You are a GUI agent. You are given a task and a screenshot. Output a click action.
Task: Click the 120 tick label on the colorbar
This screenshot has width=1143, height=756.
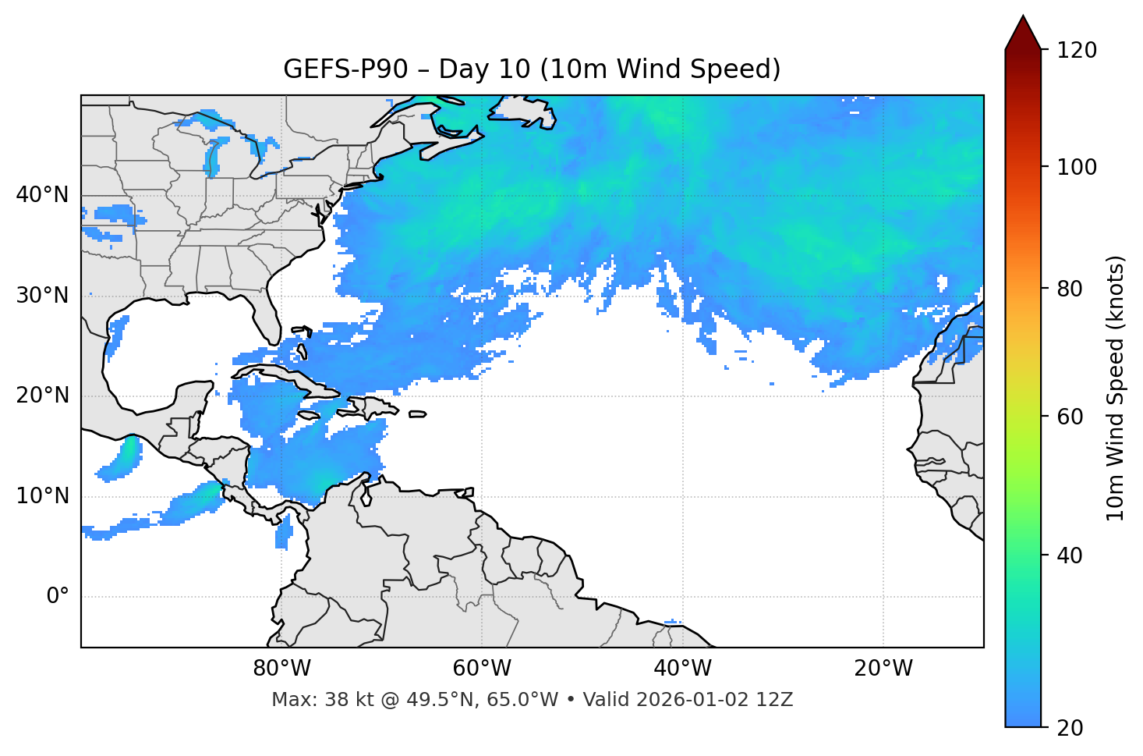(1076, 51)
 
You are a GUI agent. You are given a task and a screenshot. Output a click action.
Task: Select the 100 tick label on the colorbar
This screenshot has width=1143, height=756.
(1076, 167)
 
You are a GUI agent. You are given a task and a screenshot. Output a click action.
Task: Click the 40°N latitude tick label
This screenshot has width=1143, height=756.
(42, 195)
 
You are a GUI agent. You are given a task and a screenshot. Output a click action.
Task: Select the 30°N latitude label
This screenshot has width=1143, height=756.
(42, 296)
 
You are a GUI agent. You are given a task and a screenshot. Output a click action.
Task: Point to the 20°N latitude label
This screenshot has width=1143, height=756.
(42, 396)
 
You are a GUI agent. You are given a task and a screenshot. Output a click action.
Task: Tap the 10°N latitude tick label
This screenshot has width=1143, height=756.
(42, 496)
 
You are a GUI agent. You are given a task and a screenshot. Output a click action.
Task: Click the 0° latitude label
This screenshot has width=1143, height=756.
(58, 597)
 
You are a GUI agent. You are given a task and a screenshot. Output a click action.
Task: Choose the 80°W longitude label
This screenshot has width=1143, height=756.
(281, 669)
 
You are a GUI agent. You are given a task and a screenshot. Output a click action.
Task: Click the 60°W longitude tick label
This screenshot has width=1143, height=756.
(482, 669)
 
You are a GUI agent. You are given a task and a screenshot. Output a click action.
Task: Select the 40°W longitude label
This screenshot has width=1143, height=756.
(682, 669)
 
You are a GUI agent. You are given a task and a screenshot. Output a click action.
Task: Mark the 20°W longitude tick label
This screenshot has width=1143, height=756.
(883, 669)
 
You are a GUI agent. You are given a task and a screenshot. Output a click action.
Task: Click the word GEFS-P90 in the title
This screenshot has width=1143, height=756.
(345, 69)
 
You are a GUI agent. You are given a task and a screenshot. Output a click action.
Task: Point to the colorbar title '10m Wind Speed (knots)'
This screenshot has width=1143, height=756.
(1116, 388)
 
